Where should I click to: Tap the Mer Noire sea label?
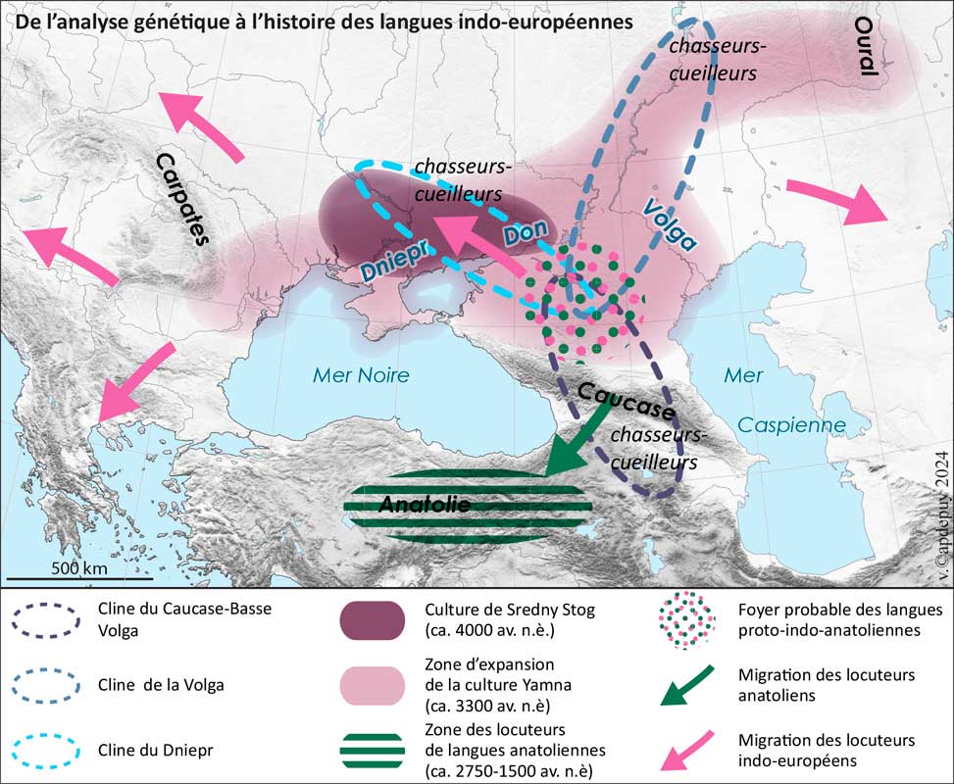[360, 374]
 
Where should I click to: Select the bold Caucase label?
[626, 400]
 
